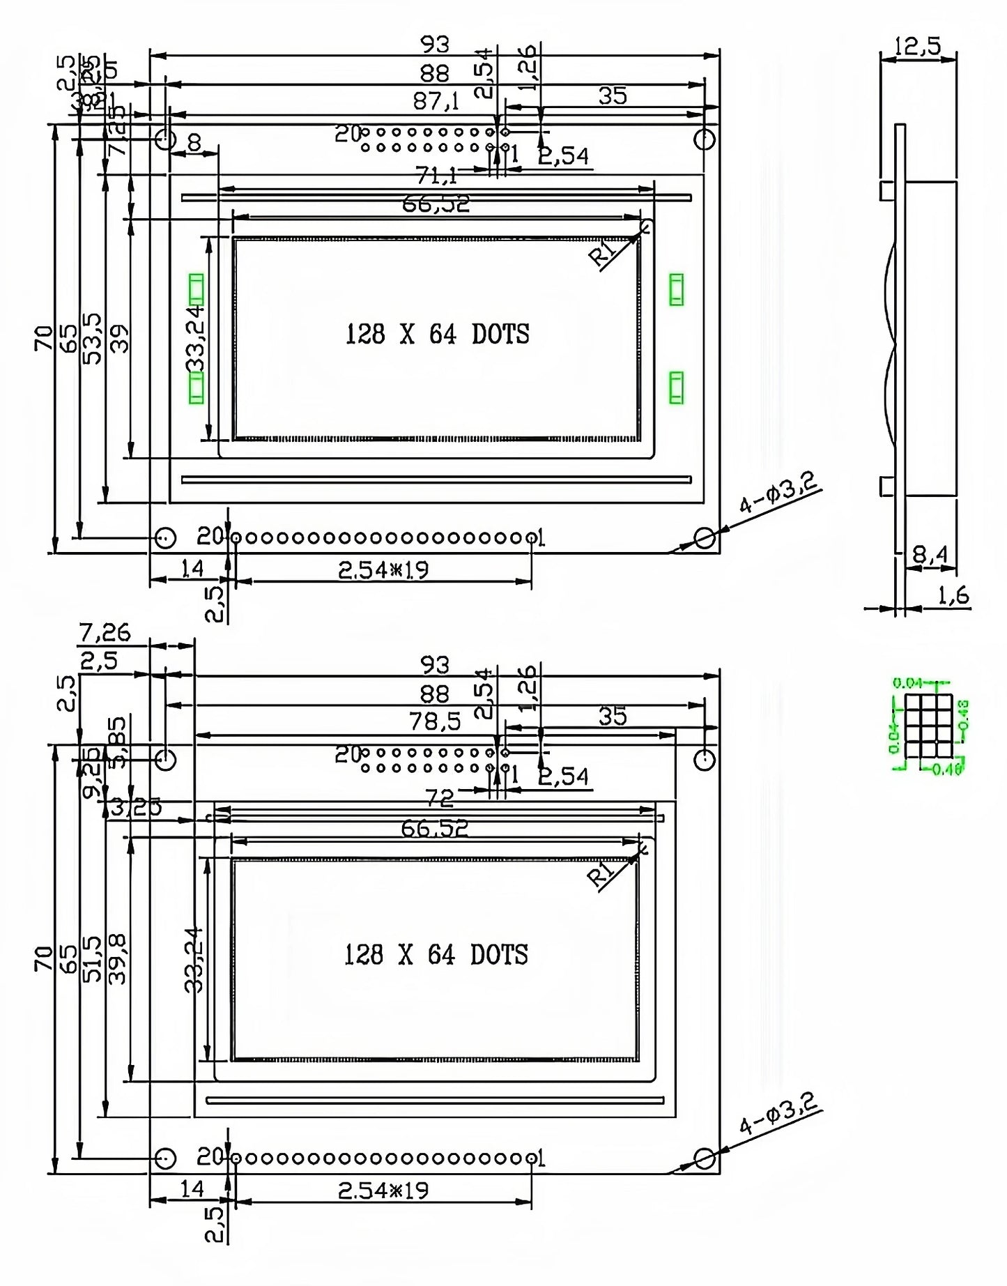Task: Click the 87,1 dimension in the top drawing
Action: pyautogui.click(x=436, y=102)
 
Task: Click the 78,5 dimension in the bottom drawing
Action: pyautogui.click(x=435, y=721)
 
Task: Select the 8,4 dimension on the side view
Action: pyautogui.click(x=930, y=555)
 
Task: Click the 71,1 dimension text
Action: pyautogui.click(x=436, y=174)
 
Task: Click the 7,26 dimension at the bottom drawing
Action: pyautogui.click(x=105, y=632)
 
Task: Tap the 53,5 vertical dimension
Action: pyautogui.click(x=93, y=337)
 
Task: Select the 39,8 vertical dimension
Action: pyautogui.click(x=119, y=959)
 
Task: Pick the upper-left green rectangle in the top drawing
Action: pyautogui.click(x=197, y=289)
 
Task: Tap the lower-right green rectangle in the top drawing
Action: pyautogui.click(x=676, y=388)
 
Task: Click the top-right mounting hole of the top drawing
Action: pyautogui.click(x=705, y=139)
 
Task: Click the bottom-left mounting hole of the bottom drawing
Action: pyautogui.click(x=165, y=1158)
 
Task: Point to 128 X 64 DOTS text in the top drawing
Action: pyautogui.click(x=437, y=335)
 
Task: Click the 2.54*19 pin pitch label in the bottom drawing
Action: pyautogui.click(x=383, y=1190)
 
